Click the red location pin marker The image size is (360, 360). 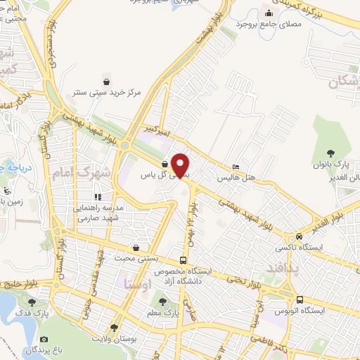[181, 165]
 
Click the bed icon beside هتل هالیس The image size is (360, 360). [235, 167]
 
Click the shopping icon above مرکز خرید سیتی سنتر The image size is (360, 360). [105, 79]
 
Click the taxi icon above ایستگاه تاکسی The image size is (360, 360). [301, 236]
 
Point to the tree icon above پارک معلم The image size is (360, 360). [162, 301]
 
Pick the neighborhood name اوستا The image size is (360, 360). [136, 284]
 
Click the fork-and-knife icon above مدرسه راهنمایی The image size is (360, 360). [97, 197]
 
